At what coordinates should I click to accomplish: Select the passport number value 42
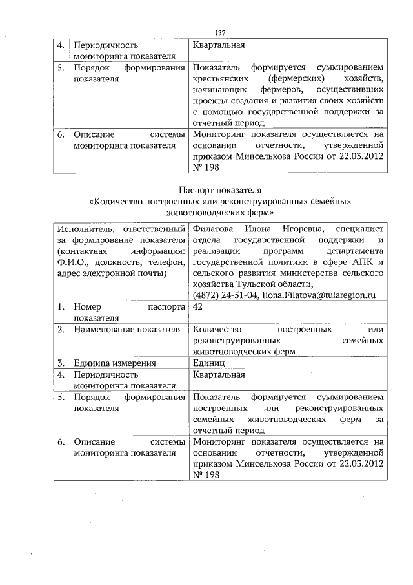pyautogui.click(x=197, y=308)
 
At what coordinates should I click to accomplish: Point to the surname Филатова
pyautogui.click(x=210, y=229)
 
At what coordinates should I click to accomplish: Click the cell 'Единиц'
pyautogui.click(x=208, y=363)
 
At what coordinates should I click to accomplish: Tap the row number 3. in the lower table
pyautogui.click(x=60, y=363)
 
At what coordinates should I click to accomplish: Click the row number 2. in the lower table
pyautogui.click(x=60, y=330)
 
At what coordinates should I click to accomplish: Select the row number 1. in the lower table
pyautogui.click(x=60, y=308)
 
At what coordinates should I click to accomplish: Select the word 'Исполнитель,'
pyautogui.click(x=82, y=229)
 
